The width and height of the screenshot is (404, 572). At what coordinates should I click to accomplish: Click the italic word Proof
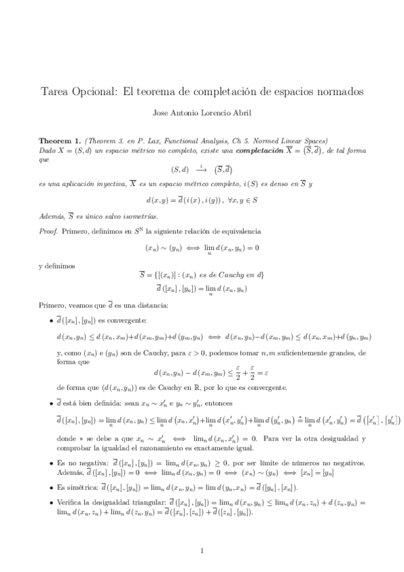(x=48, y=231)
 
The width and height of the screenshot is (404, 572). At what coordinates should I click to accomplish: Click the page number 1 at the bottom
(x=202, y=552)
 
